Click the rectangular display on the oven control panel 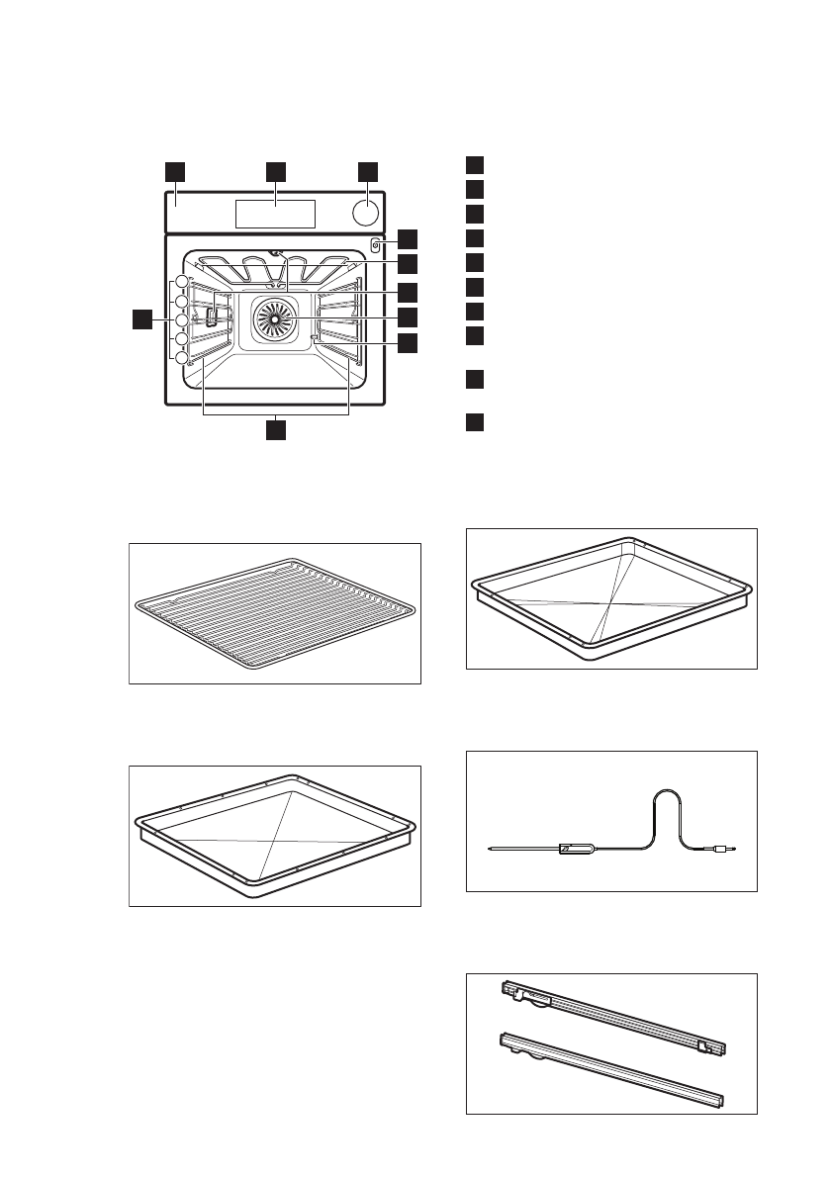pos(275,212)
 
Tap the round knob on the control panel pos(365,213)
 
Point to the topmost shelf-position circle pos(182,283)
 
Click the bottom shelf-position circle pos(182,358)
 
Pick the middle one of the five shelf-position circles pos(182,320)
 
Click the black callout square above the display pos(275,171)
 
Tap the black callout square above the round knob pos(367,171)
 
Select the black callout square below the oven pos(275,430)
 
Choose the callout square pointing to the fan pos(409,317)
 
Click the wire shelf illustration pos(275,613)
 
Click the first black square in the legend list pos(475,165)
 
